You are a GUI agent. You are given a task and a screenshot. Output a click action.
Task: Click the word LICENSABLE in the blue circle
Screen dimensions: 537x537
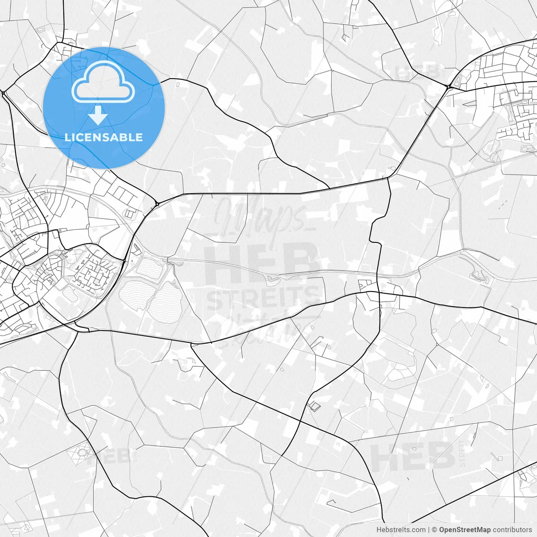(104, 137)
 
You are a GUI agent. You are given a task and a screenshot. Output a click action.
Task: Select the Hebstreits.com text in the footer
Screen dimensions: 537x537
(401, 530)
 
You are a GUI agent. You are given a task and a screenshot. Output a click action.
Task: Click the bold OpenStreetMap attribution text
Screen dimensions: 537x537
(465, 530)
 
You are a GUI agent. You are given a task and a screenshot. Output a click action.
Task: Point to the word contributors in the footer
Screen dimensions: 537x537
(512, 530)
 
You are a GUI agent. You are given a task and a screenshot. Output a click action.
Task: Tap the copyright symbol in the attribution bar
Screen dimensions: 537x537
(435, 530)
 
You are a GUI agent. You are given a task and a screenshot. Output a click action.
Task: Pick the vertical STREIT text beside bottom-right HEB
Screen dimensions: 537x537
(462, 453)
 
